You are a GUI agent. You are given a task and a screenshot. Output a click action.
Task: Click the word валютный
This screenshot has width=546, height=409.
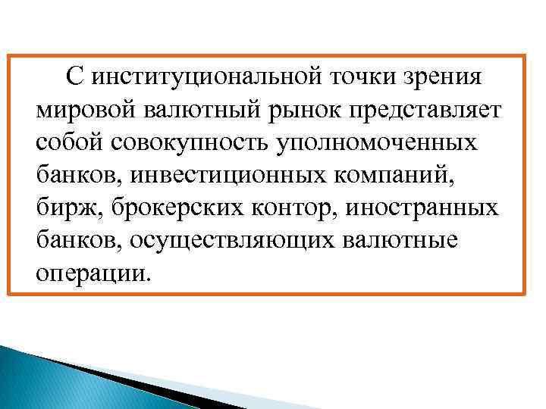pos(195,110)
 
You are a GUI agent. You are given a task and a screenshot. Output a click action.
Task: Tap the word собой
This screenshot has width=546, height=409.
pos(72,142)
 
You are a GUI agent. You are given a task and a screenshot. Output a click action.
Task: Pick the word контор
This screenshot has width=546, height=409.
pos(281,208)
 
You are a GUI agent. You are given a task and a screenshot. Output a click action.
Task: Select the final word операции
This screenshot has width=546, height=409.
pos(93,273)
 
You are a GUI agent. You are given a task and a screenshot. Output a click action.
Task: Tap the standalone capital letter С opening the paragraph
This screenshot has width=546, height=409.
pos(74,76)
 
